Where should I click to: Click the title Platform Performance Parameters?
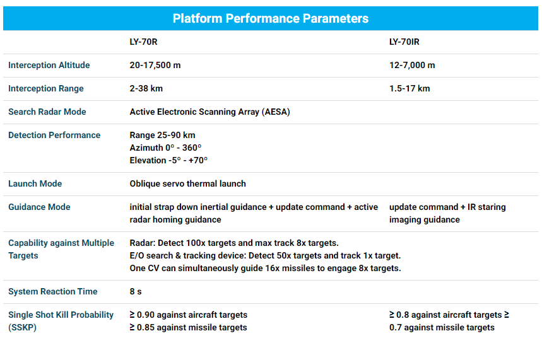(x=270, y=18)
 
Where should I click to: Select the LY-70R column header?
(x=143, y=42)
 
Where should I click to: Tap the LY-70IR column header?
(x=404, y=42)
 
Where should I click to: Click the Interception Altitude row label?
(x=49, y=66)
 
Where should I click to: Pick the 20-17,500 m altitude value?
(x=155, y=66)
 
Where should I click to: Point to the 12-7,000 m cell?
(x=412, y=66)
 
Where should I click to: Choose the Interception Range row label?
(x=46, y=88)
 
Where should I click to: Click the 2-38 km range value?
(x=146, y=88)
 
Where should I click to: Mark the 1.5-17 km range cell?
(x=409, y=88)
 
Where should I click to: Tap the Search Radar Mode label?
(x=47, y=112)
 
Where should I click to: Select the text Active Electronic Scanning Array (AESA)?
(x=210, y=112)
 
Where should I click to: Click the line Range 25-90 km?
(x=162, y=135)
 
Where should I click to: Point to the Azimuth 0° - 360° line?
(x=165, y=148)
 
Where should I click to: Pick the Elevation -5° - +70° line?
(x=168, y=160)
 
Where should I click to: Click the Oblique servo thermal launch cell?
(x=187, y=184)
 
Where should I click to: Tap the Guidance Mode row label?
(x=39, y=207)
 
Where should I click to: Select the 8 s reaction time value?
(x=136, y=291)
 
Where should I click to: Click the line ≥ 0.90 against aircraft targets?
(x=189, y=315)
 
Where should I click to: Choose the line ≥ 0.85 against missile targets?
(x=189, y=327)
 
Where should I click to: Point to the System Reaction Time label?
(x=53, y=291)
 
